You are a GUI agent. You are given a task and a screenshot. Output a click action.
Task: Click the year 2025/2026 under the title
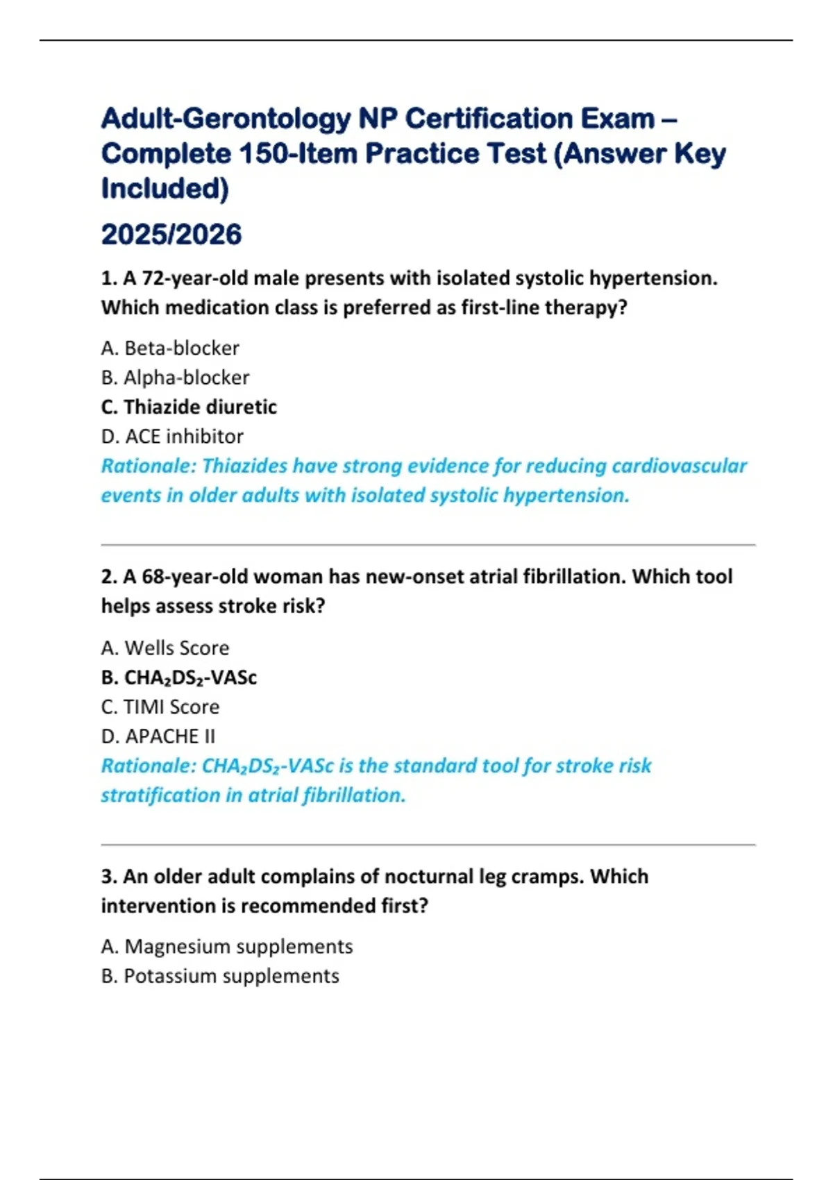(x=171, y=235)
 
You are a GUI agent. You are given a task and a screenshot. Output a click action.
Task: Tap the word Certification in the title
(x=489, y=119)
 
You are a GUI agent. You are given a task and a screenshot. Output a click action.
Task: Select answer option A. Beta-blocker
(x=170, y=348)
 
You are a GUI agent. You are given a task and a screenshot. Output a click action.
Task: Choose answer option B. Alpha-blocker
(x=175, y=378)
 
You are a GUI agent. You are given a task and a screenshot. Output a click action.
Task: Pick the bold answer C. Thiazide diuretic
(x=189, y=407)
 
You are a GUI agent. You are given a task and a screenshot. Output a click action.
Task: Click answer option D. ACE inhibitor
(x=172, y=437)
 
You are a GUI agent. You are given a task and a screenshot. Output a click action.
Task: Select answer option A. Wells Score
(x=165, y=648)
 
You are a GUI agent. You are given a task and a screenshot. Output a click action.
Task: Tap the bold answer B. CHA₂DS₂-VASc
(x=179, y=677)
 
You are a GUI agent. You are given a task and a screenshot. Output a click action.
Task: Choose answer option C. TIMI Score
(x=160, y=707)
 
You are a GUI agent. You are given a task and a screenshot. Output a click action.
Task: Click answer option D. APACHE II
(x=158, y=736)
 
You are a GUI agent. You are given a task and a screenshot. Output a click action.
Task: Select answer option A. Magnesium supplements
(x=227, y=946)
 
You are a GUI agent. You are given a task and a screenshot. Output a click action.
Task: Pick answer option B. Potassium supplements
(x=220, y=976)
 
